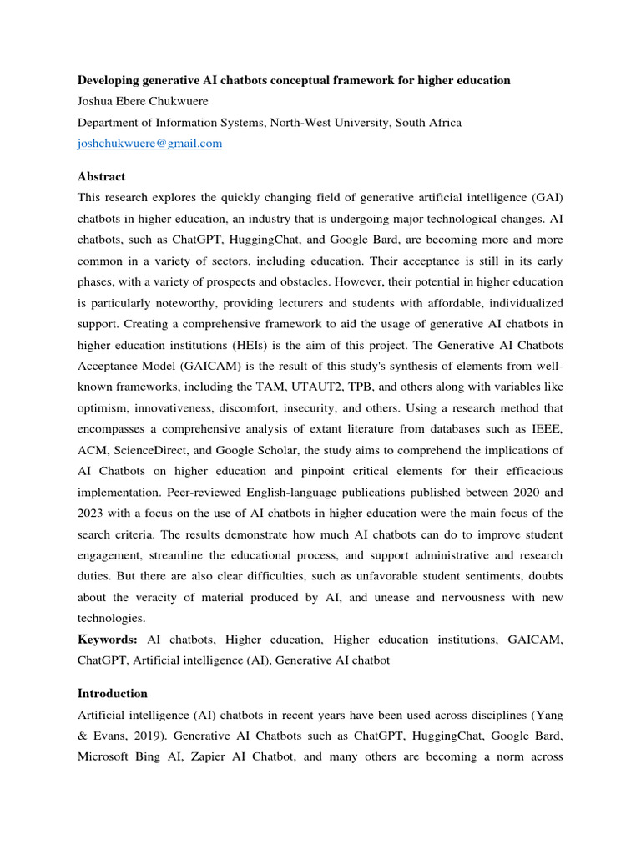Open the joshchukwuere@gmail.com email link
coord(149,144)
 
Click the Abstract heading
coord(101,177)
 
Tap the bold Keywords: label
coord(108,640)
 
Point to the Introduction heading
coord(112,694)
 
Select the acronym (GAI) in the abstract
coord(546,197)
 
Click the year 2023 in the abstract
coord(93,513)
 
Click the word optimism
coord(104,407)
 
